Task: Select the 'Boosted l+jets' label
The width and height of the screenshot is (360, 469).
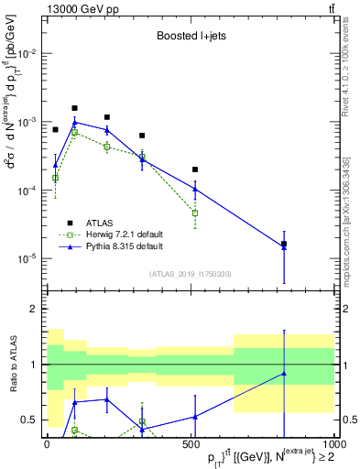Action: coord(189,38)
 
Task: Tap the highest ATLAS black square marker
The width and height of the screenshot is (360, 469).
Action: coord(74,108)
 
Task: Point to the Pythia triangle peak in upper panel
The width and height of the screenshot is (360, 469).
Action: coord(74,122)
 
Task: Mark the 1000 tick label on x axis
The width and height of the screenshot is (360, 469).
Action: coord(333,444)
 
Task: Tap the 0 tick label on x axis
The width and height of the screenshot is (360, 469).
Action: coord(47,444)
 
